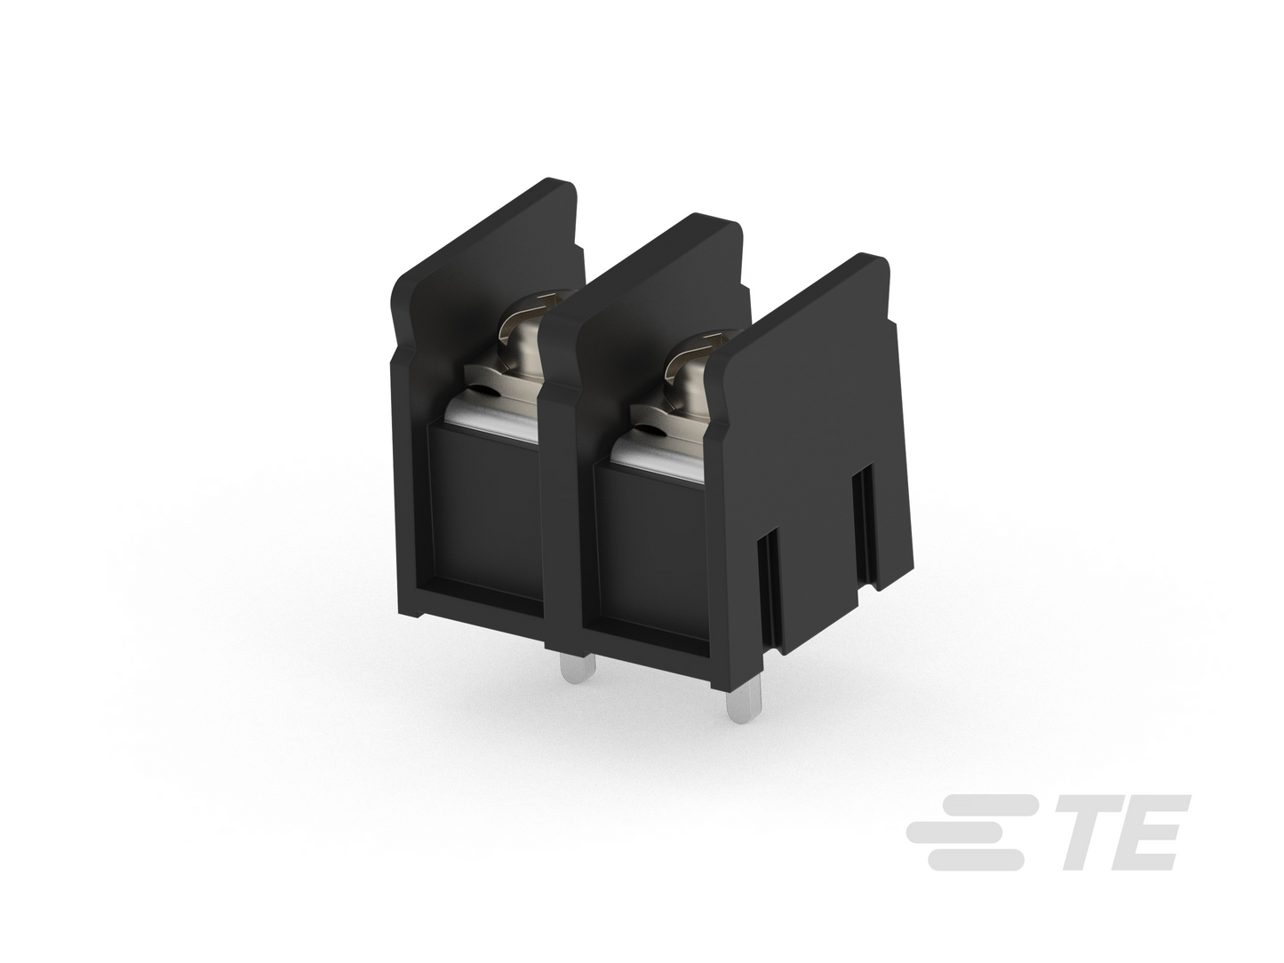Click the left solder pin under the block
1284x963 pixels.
pyautogui.click(x=577, y=668)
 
